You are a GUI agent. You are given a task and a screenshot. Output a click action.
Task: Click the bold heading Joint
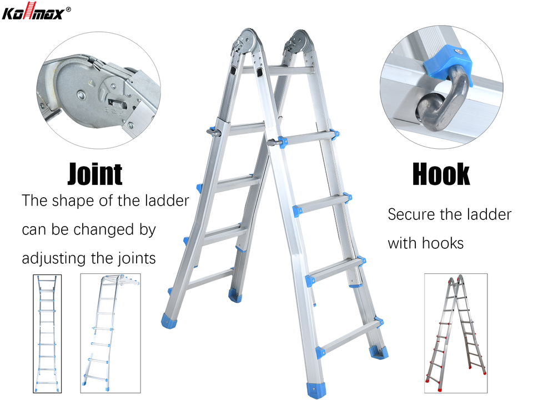[x=95, y=174]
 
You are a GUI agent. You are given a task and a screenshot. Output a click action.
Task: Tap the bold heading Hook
[x=441, y=174]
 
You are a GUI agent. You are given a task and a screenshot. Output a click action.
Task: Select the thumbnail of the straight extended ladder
[x=47, y=334]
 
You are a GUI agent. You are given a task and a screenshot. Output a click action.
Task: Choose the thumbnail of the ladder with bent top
[x=110, y=333]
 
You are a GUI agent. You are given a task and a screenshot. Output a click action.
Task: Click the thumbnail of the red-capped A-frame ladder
[x=456, y=333]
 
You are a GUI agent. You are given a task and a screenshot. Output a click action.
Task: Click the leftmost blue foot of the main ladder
[x=169, y=321]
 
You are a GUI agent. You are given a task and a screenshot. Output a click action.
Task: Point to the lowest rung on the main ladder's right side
[x=351, y=337]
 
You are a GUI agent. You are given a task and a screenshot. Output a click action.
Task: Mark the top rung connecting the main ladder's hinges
[x=278, y=71]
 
